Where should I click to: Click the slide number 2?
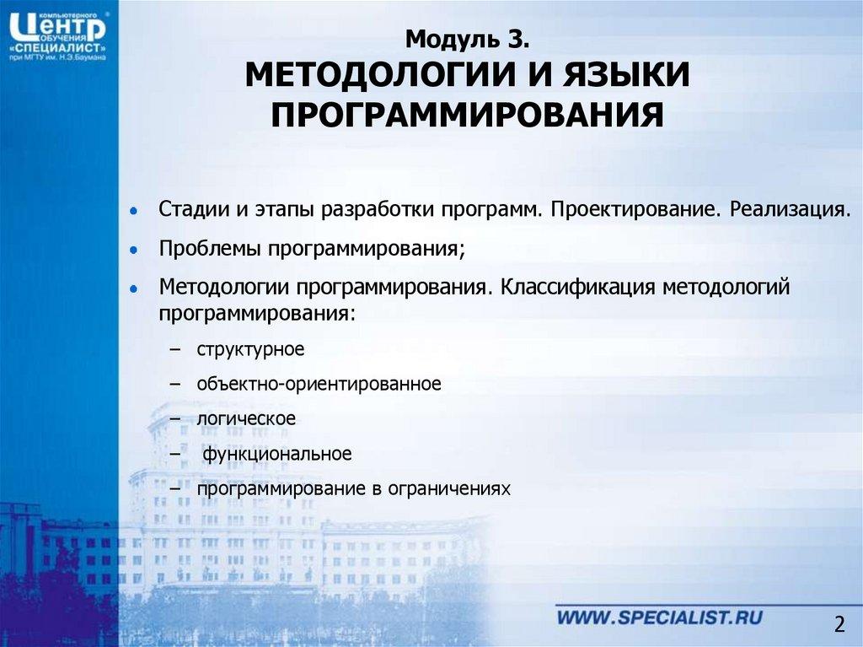point(839,624)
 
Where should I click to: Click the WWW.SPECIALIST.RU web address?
point(660,617)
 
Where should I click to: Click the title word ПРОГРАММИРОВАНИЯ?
point(468,115)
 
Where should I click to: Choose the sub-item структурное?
point(250,348)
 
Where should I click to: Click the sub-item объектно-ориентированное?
point(319,384)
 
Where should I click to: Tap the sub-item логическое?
point(246,418)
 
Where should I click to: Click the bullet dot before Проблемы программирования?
point(133,251)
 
